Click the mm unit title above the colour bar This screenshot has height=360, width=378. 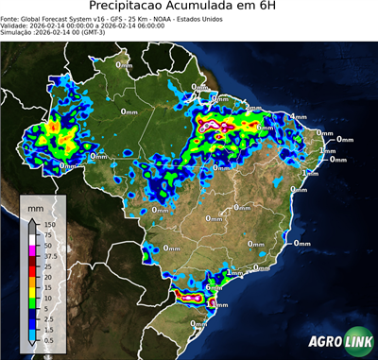36,206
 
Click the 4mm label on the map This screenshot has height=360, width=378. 300,117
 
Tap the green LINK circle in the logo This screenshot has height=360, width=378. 356,342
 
